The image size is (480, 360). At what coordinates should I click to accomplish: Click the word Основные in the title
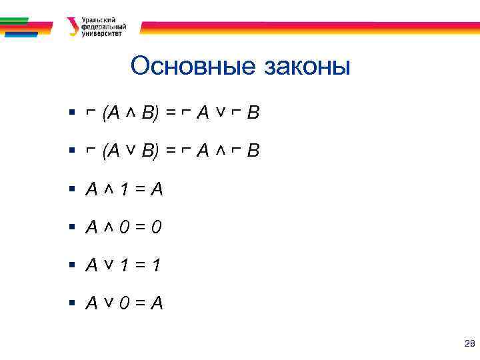(x=194, y=67)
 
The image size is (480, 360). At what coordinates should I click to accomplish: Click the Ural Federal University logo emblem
(x=72, y=26)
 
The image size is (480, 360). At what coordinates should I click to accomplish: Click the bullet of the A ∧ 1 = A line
(x=73, y=190)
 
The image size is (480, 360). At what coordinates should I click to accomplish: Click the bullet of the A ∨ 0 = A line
(x=73, y=304)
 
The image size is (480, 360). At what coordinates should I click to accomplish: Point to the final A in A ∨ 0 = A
(x=157, y=304)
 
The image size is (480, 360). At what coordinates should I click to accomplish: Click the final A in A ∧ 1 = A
(x=157, y=190)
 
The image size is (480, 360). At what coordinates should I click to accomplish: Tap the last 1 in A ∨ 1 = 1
(x=155, y=266)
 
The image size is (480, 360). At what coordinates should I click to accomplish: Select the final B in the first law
(x=253, y=114)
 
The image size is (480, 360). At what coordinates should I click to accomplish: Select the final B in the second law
(x=253, y=152)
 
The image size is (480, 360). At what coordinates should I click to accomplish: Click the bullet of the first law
(x=73, y=114)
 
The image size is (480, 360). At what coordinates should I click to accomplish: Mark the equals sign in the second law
(x=171, y=152)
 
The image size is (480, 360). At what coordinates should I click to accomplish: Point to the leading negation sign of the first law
(x=91, y=114)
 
